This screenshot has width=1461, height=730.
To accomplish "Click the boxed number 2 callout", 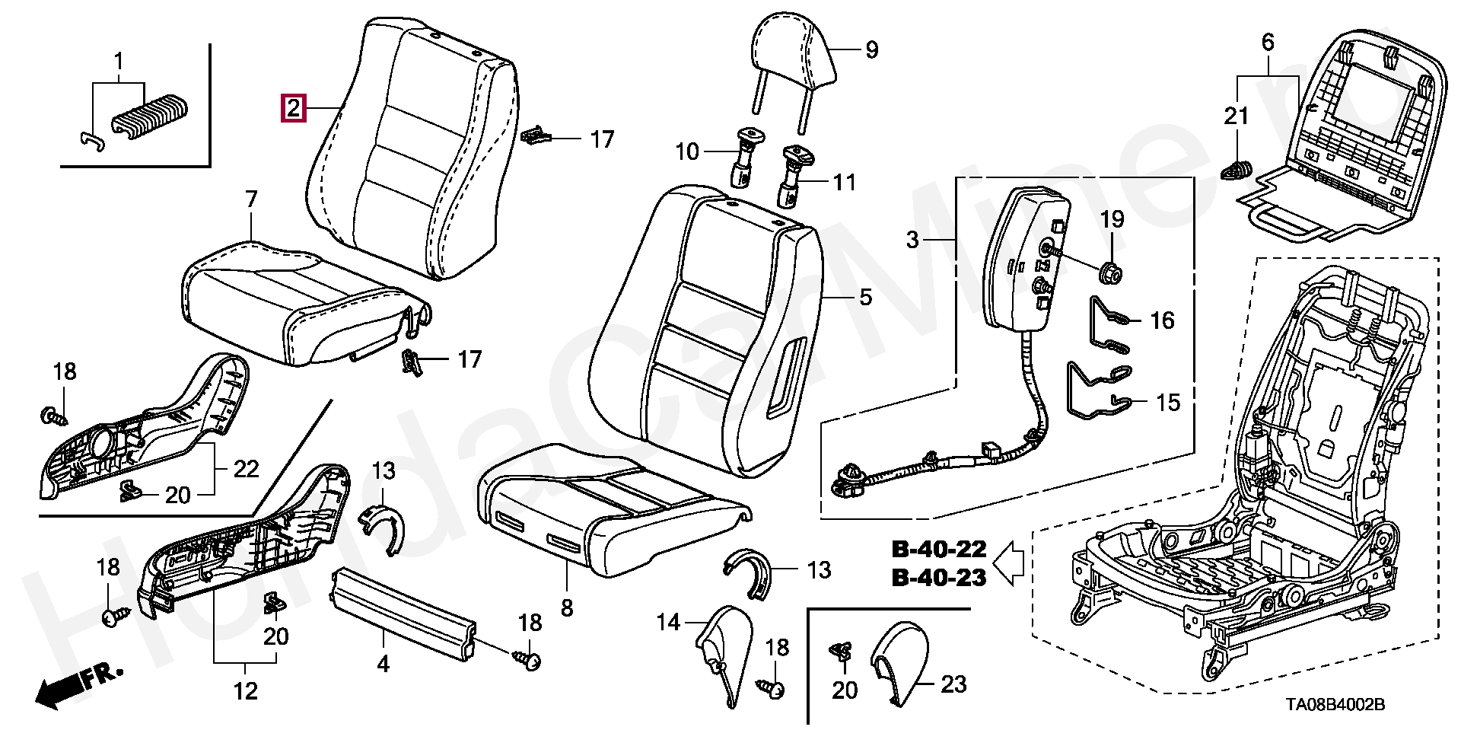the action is click(294, 108).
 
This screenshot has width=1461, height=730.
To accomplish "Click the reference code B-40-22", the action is click(939, 549).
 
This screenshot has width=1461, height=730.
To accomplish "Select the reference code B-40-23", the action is click(939, 578).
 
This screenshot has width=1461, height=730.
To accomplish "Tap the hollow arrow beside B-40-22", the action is click(1009, 563).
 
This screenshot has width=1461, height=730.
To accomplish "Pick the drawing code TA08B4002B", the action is click(1335, 704).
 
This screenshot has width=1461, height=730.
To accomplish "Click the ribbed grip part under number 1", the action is click(151, 116).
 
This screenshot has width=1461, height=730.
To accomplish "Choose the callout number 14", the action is click(668, 623).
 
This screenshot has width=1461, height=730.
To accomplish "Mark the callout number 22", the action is click(246, 469).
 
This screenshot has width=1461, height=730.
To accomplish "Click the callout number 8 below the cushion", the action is click(567, 608).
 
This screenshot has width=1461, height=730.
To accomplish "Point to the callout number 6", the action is click(1268, 42).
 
